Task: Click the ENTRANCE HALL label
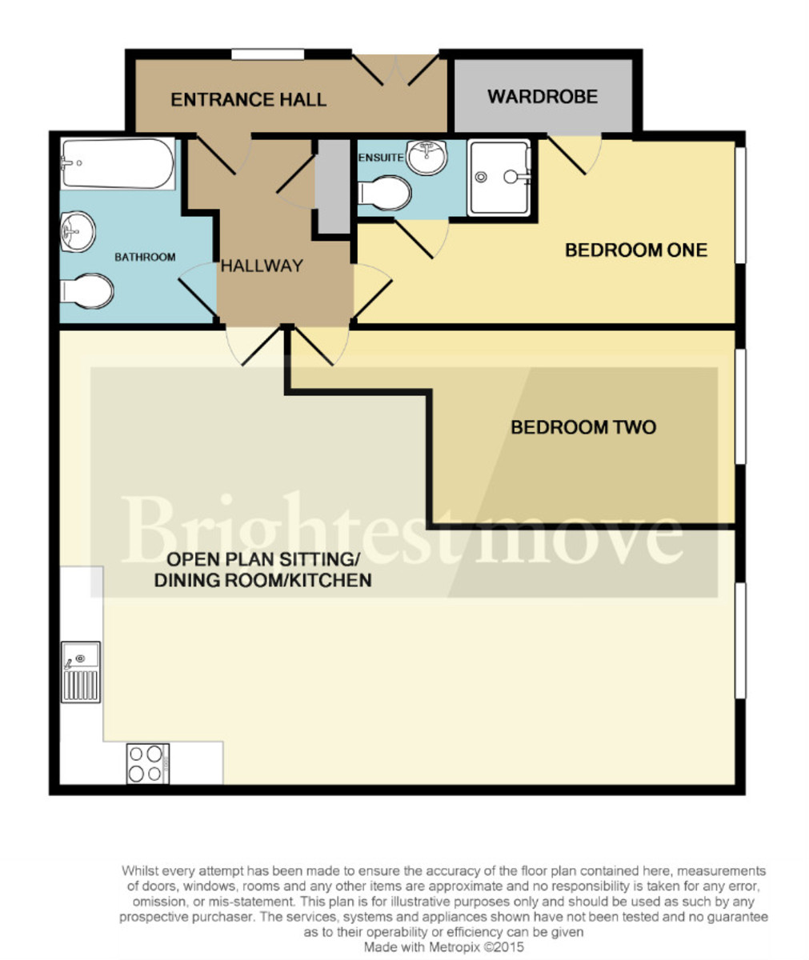(248, 100)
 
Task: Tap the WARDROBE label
(543, 97)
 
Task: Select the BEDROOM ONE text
(636, 250)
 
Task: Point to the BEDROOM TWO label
(583, 427)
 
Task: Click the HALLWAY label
(262, 266)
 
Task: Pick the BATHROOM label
(145, 257)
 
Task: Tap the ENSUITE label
(381, 158)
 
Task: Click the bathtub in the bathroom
(118, 164)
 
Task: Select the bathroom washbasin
(78, 232)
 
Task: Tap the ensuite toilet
(384, 193)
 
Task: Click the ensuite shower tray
(499, 178)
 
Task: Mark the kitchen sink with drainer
(82, 672)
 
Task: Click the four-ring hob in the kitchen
(147, 763)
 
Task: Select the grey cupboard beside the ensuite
(333, 186)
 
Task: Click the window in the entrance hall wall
(268, 54)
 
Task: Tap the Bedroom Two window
(740, 406)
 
